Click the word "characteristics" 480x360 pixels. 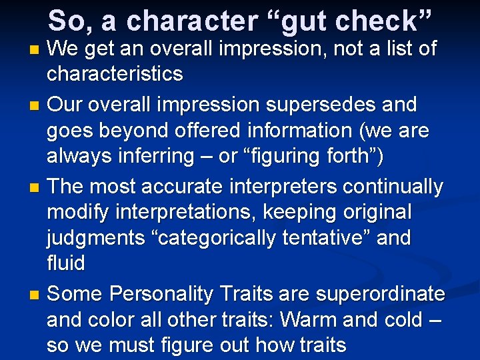115,74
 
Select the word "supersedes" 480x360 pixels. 316,105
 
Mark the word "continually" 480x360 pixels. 393,187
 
